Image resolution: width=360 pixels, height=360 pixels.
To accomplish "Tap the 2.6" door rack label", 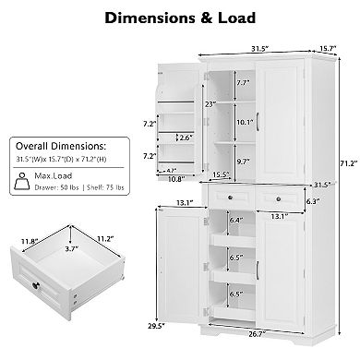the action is [x=186, y=138].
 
